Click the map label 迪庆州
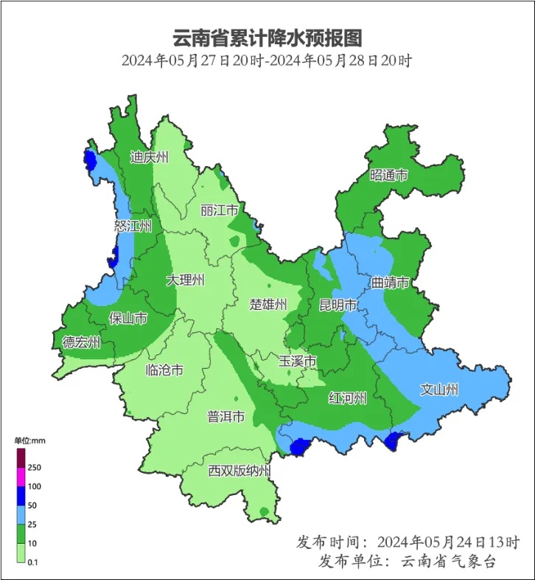(x=150, y=157)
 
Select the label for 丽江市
(x=220, y=210)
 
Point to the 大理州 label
(x=185, y=280)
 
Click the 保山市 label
(x=127, y=318)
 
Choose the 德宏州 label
(x=82, y=342)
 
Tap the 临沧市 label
(x=164, y=370)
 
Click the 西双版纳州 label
(x=239, y=471)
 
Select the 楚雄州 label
(x=268, y=305)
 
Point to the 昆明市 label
(x=338, y=305)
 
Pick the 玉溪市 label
(x=298, y=362)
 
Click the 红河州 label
(x=348, y=398)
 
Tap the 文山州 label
(x=440, y=389)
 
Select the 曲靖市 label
(x=390, y=282)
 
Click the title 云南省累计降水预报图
(x=267, y=37)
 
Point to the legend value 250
(x=34, y=468)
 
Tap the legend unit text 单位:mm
(x=30, y=441)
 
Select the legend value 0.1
(x=32, y=563)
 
